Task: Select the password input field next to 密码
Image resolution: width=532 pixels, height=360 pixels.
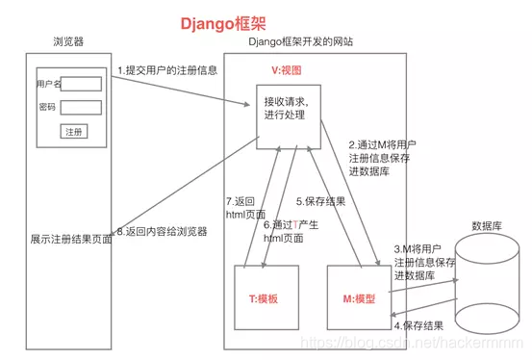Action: pyautogui.click(x=81, y=107)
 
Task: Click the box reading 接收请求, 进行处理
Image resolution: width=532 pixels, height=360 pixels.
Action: pyautogui.click(x=287, y=108)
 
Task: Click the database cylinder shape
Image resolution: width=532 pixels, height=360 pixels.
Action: pyautogui.click(x=487, y=281)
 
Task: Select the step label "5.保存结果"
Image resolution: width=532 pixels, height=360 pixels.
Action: pyautogui.click(x=322, y=202)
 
